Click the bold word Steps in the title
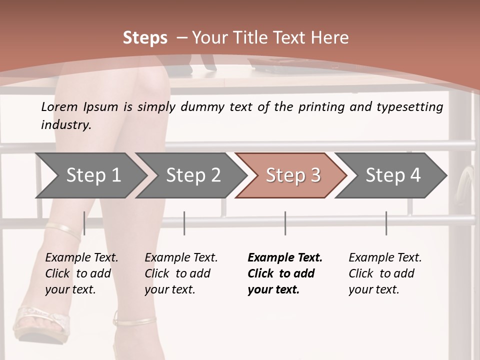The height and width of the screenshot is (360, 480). tap(145, 38)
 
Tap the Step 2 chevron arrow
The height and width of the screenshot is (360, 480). tap(191, 175)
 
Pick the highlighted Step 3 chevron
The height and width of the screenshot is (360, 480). tap(291, 175)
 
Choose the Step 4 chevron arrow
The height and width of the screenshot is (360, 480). tap(390, 175)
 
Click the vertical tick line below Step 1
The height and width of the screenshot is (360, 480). tap(84, 223)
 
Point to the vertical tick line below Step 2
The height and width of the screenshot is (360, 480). tap(184, 223)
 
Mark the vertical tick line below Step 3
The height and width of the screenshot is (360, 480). tap(285, 223)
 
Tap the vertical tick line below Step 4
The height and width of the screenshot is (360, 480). tap(386, 223)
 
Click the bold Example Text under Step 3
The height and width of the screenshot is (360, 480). tap(285, 257)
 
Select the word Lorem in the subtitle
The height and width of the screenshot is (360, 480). tap(59, 107)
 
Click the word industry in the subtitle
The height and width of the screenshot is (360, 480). tap(66, 124)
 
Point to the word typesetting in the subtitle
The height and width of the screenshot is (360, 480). tap(410, 107)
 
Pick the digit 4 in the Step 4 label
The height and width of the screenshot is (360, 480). tap(415, 175)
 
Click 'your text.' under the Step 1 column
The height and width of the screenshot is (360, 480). tap(70, 289)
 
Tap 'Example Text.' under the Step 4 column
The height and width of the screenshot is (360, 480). tap(385, 257)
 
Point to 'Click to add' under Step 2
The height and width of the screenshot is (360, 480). tap(177, 273)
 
